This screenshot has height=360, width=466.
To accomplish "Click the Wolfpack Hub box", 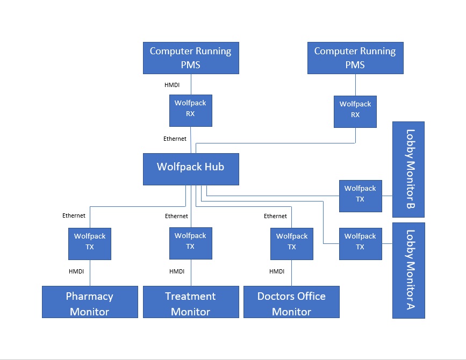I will coord(190,169).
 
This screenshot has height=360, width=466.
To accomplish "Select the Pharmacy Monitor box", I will coord(90,302).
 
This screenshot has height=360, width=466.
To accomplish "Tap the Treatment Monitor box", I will coord(190,302).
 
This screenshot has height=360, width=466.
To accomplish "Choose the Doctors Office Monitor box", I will coord(291,302).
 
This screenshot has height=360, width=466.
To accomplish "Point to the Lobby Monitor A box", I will coord(408,270).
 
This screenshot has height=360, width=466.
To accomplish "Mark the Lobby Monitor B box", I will coord(408,169).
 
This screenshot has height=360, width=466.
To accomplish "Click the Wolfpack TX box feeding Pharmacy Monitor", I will coord(90,244).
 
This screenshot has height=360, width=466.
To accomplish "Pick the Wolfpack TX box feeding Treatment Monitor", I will coord(190,243).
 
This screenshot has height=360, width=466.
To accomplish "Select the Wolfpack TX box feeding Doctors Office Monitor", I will coord(291,244).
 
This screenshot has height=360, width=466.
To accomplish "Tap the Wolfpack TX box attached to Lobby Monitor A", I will coord(360,244).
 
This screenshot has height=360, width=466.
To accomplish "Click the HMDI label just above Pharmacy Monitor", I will coord(76,271).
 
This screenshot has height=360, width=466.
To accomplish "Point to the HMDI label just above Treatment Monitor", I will coord(177,271).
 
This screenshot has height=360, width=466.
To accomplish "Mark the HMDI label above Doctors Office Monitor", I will coord(277,271).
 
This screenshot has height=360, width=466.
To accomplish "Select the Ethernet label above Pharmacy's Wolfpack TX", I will coord(74,216).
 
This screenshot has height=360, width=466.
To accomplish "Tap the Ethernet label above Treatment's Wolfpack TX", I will coord(176,216).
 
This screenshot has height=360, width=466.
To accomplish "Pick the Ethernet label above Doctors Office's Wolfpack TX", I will coord(275,216).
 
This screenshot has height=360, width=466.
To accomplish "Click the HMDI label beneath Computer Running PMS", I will coord(171,85).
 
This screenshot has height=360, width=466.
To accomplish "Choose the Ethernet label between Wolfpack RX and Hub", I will coord(175,139).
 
